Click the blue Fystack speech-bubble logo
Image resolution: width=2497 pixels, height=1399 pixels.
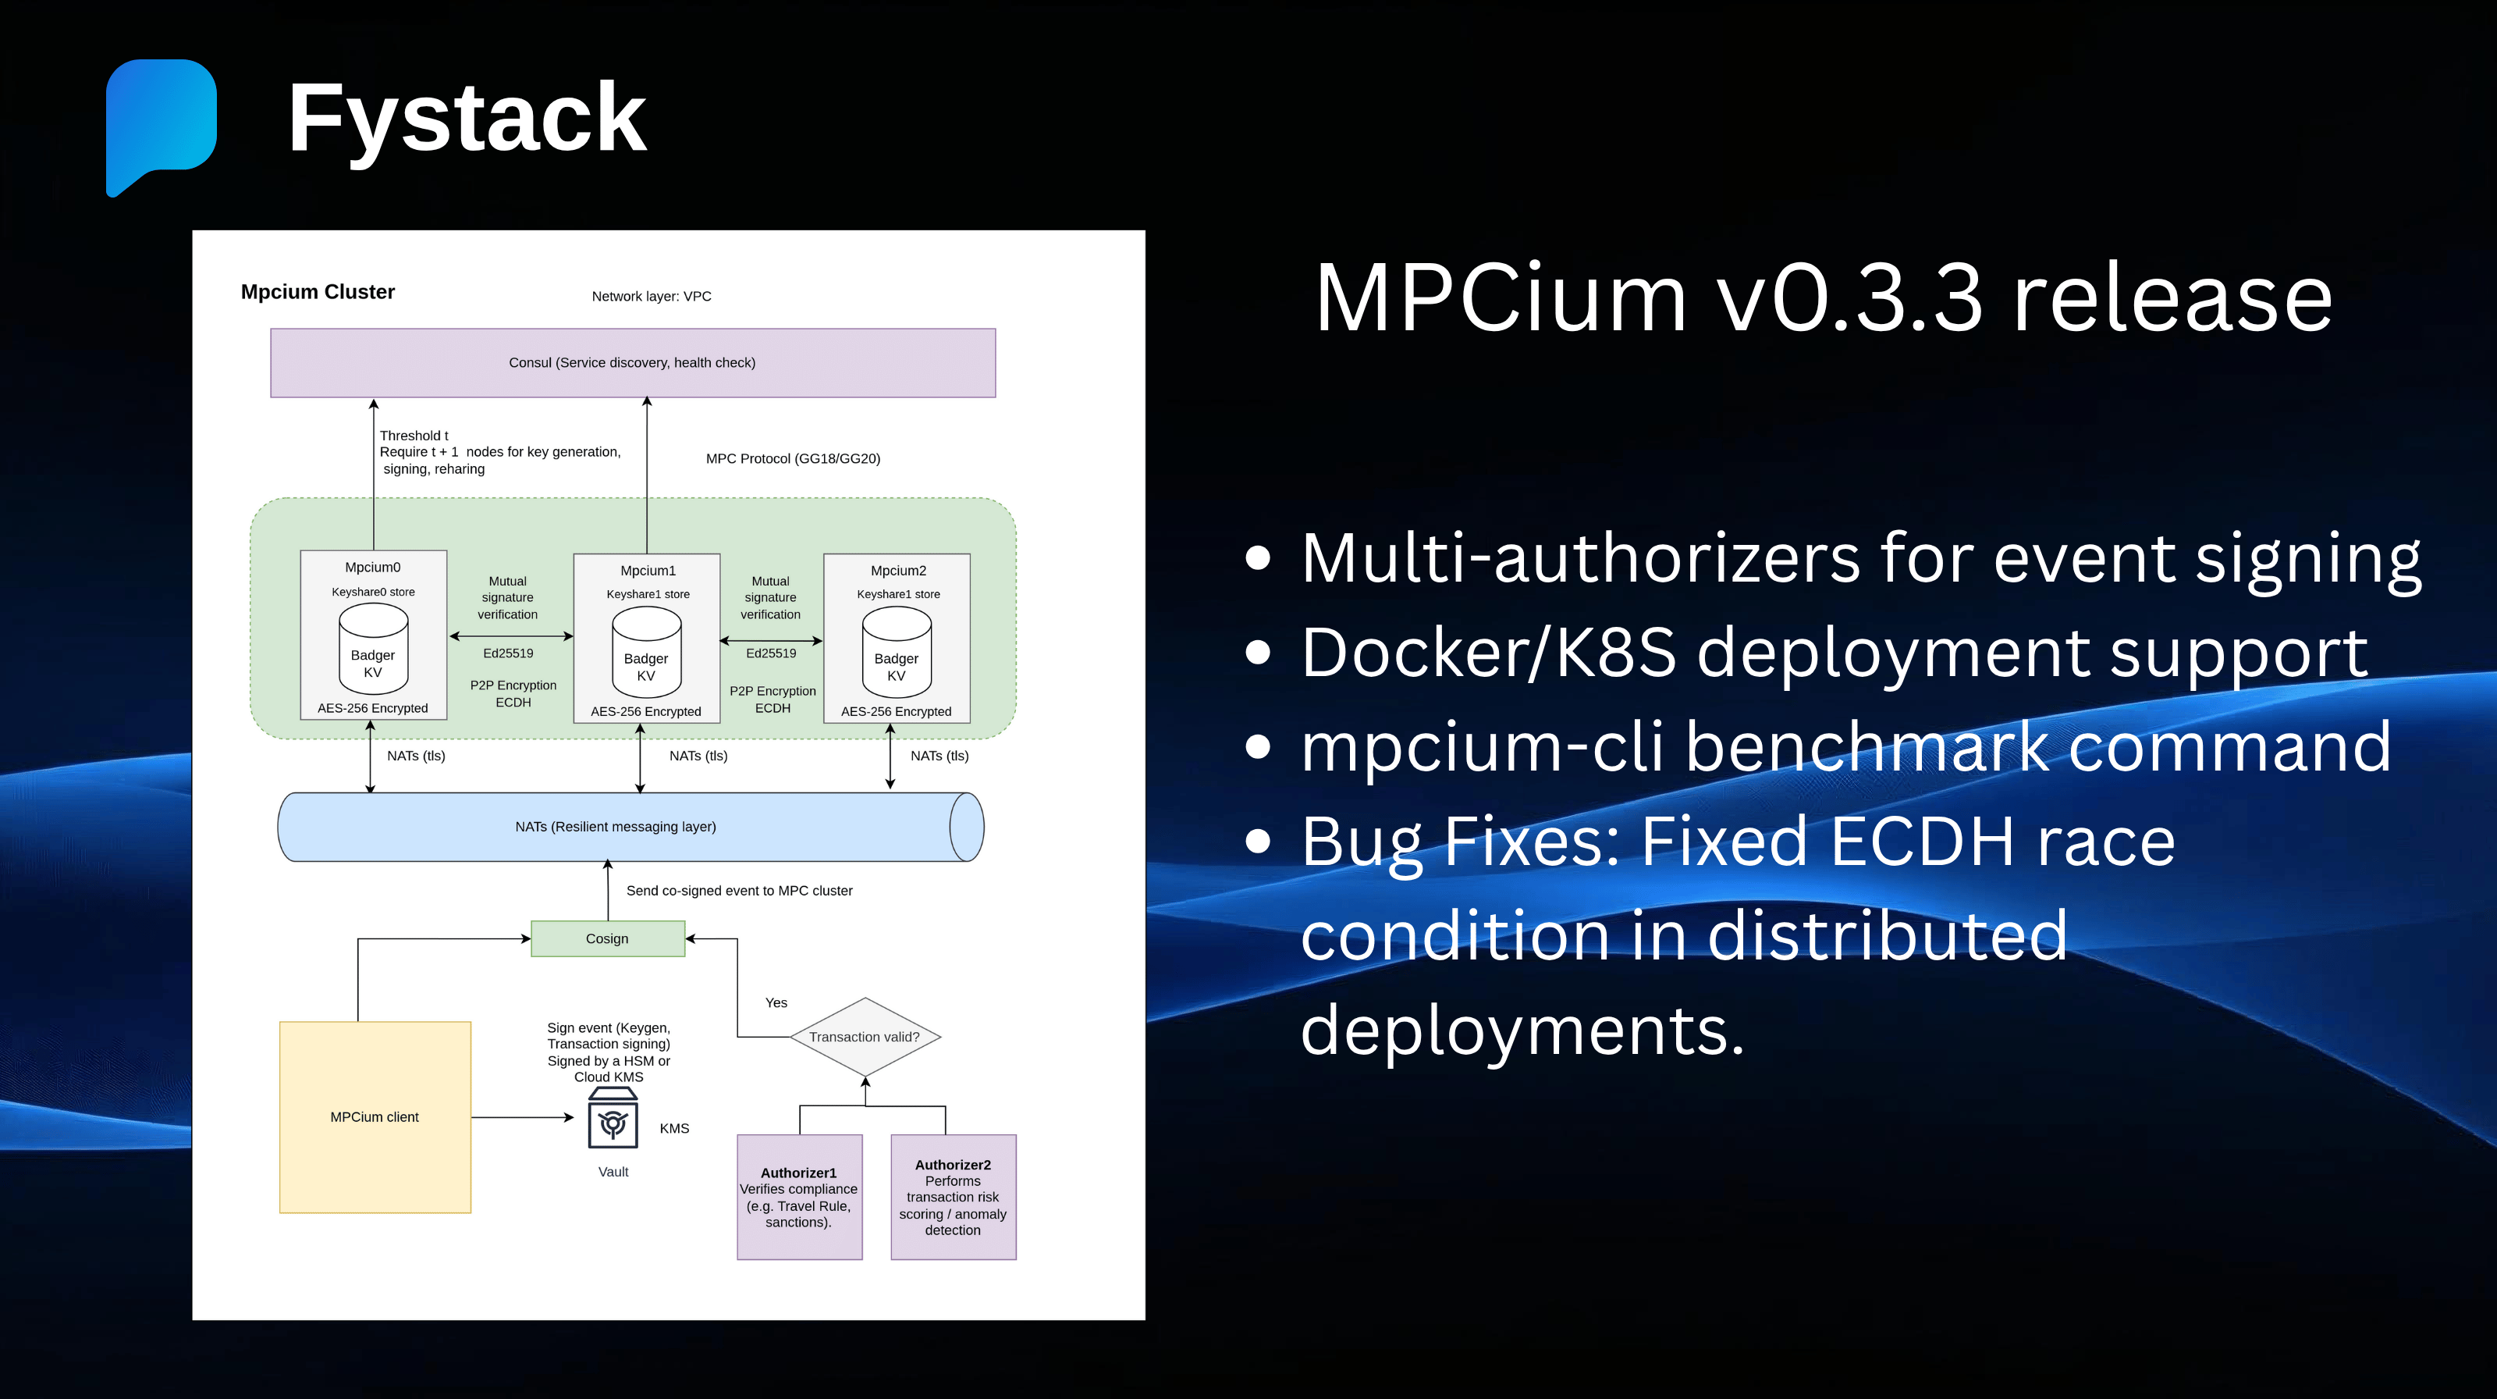point(161,121)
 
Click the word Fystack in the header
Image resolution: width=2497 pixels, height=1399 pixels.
point(467,119)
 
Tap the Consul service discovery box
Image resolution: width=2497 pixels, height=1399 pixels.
point(632,362)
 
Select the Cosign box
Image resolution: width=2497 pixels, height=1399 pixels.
point(608,938)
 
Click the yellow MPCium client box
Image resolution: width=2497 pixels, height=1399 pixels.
point(375,1117)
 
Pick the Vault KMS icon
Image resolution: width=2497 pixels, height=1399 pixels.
point(613,1120)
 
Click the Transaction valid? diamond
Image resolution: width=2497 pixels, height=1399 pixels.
point(865,1037)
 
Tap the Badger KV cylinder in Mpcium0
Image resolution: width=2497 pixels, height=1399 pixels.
point(373,650)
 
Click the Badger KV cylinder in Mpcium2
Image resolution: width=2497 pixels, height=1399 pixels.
point(897,653)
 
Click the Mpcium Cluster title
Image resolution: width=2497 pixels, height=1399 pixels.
point(318,292)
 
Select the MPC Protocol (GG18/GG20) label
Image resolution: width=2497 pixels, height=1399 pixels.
point(793,458)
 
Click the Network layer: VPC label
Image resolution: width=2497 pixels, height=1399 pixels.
point(652,297)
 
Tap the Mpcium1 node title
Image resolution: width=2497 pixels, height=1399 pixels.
point(648,571)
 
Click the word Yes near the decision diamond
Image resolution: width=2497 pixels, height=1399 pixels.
point(776,1002)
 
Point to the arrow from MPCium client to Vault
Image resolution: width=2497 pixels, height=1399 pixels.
point(524,1118)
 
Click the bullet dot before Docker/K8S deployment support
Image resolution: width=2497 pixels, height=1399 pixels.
point(1257,653)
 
